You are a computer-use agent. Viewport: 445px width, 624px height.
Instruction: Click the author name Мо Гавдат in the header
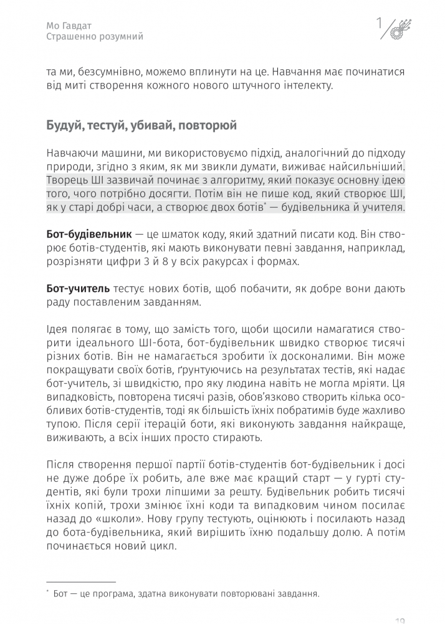(x=70, y=26)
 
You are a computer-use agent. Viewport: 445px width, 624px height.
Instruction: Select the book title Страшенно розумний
(x=95, y=37)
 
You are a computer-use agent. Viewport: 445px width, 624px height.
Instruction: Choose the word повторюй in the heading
(x=207, y=126)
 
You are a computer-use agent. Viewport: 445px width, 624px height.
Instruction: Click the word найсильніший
(x=367, y=167)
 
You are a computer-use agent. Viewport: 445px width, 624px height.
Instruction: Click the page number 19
(x=401, y=619)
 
